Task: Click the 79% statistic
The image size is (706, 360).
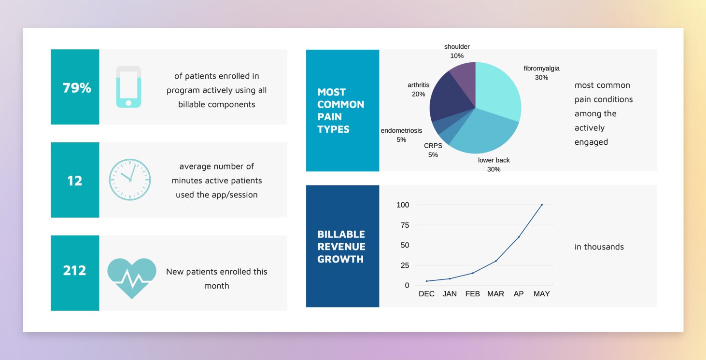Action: click(77, 88)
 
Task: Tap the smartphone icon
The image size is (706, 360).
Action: click(128, 87)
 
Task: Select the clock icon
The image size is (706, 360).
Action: click(130, 180)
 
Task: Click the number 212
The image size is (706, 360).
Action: click(74, 271)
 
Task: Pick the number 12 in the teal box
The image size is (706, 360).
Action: click(75, 181)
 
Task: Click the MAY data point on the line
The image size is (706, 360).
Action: click(542, 205)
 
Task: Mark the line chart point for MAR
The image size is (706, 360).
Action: click(496, 261)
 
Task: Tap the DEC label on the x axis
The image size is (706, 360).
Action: click(426, 294)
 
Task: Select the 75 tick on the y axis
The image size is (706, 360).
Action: click(405, 225)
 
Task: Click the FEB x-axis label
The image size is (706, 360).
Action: click(472, 294)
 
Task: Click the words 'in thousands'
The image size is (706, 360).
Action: click(599, 247)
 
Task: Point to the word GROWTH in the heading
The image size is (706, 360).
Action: click(340, 259)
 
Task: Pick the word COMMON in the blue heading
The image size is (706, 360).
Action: click(341, 104)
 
